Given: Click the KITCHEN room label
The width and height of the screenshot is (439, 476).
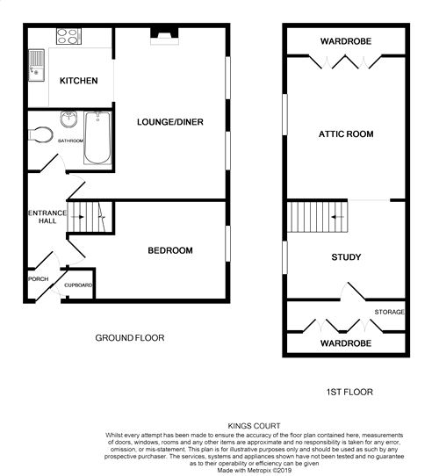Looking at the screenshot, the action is [79, 81].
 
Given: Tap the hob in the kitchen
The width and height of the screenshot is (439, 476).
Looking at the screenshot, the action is [68, 36].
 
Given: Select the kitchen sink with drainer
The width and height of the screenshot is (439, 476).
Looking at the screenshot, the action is [37, 65].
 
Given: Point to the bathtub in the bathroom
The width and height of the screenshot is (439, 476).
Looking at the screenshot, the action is [97, 138].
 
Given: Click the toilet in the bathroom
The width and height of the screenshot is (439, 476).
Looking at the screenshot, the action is [40, 134].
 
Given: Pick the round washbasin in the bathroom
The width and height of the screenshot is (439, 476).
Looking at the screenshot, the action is [68, 119].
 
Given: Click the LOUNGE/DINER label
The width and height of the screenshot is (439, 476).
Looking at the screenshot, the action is [170, 122].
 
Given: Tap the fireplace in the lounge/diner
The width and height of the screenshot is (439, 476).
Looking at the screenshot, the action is [164, 37].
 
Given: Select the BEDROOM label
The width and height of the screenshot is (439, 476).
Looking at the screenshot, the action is [170, 250].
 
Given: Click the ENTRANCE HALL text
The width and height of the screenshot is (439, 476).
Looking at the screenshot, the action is [47, 217].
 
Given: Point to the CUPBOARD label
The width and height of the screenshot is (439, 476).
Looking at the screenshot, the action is [78, 285].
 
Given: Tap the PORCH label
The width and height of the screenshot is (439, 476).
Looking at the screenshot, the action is [39, 279].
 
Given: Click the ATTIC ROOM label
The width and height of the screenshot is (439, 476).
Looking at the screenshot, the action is [346, 134].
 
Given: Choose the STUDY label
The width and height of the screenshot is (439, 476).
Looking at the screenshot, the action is [346, 257].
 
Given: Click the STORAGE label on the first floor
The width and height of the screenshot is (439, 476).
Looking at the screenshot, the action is [389, 312].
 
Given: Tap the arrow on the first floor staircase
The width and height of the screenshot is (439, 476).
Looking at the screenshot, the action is [337, 217].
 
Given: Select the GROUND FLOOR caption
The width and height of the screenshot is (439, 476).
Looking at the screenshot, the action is [130, 338].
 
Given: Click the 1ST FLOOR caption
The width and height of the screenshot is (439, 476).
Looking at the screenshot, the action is [349, 392].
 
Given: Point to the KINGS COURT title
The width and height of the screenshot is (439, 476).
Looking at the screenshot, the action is [254, 426].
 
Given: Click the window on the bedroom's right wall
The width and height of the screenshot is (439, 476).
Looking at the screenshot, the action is [228, 243].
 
